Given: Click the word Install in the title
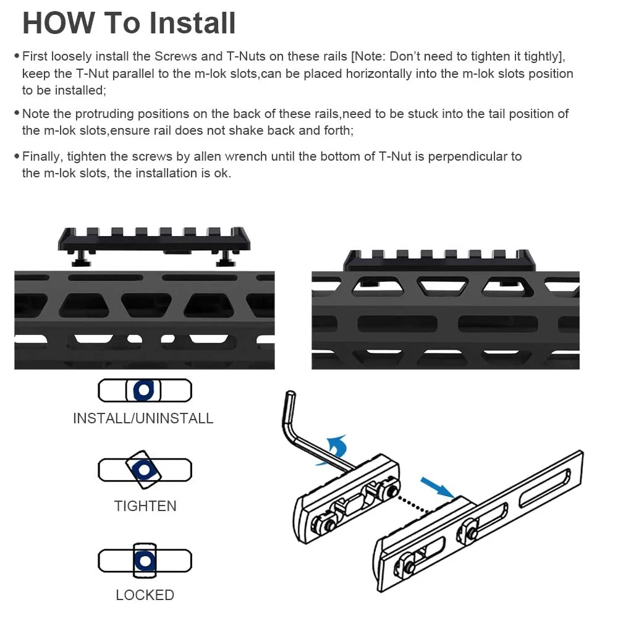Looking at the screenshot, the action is click(x=192, y=23).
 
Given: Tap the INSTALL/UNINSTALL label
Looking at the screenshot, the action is click(x=143, y=418).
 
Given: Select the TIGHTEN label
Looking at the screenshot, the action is click(x=145, y=506).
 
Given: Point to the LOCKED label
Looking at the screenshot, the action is click(x=145, y=595).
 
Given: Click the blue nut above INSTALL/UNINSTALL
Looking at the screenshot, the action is click(x=143, y=390).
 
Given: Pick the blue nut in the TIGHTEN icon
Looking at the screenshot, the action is click(x=144, y=470).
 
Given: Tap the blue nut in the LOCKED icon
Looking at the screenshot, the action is click(x=145, y=561).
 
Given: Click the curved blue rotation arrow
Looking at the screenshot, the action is click(x=335, y=449).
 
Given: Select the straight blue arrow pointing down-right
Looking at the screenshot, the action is click(x=437, y=488).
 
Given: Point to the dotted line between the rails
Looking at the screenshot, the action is click(x=413, y=506).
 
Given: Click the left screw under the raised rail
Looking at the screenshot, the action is click(x=81, y=258).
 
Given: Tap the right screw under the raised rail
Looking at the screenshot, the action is click(x=226, y=258).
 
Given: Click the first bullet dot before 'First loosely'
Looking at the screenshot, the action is click(x=17, y=56).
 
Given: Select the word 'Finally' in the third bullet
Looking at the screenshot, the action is click(x=43, y=156).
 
